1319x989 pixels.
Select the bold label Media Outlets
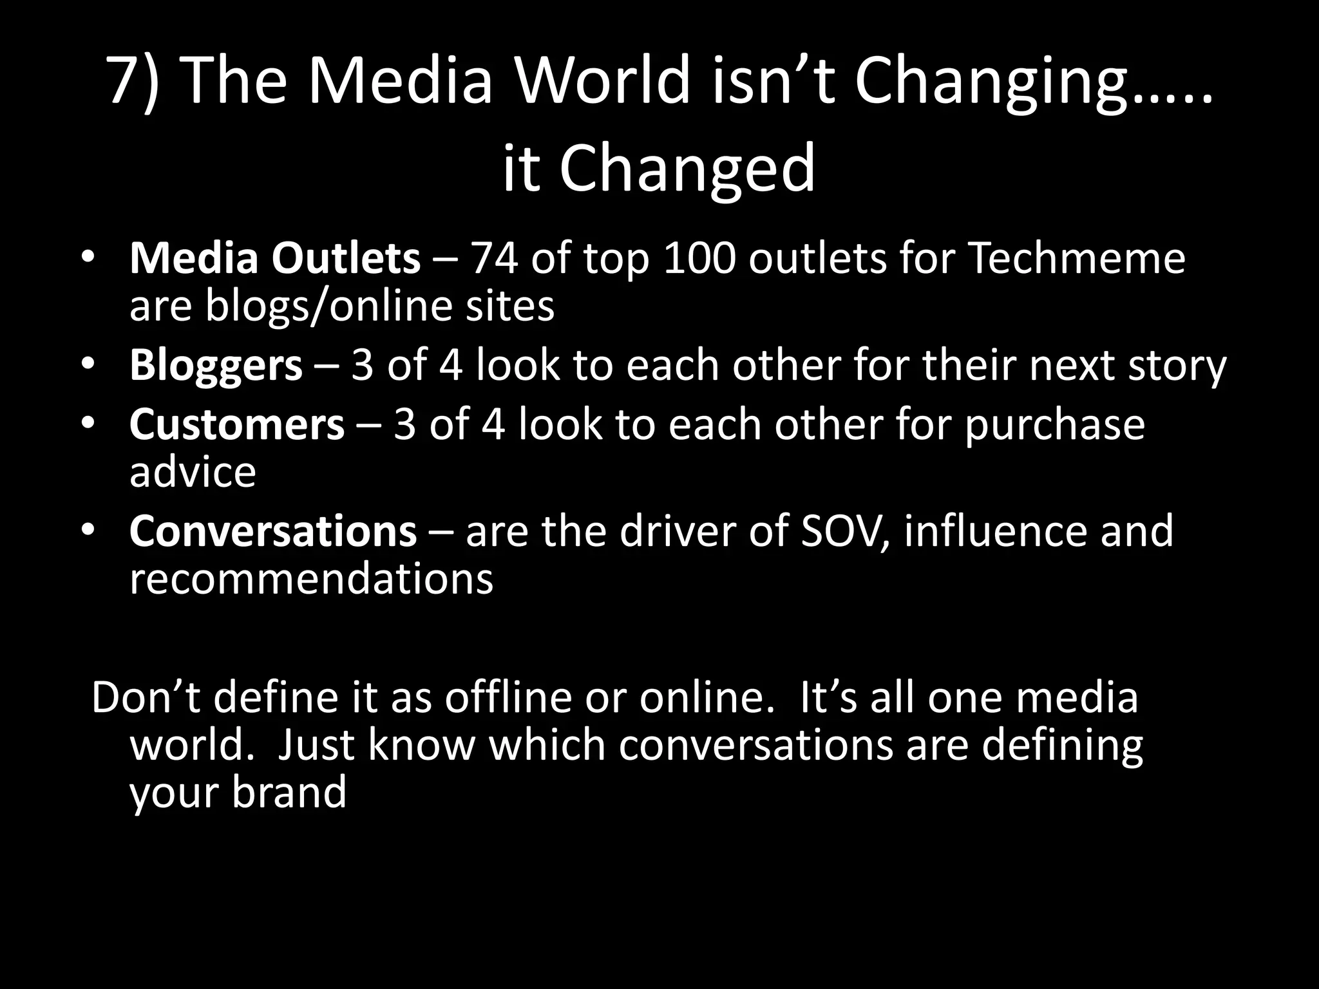(x=275, y=258)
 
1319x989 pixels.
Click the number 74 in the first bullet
(x=495, y=258)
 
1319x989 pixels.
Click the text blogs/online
(x=329, y=306)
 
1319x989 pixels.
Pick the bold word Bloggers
(x=216, y=366)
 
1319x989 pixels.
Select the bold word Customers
(x=237, y=425)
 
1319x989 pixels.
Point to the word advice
(x=193, y=472)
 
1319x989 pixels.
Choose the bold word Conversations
(x=273, y=531)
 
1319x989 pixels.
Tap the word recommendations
(x=311, y=579)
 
